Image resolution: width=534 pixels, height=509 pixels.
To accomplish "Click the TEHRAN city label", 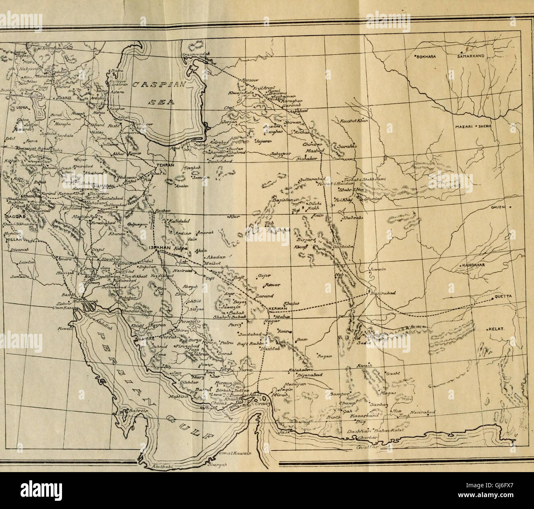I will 165,165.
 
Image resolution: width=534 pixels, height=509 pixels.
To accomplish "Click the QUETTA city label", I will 503,297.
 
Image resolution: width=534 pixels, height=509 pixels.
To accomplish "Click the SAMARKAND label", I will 472,57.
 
